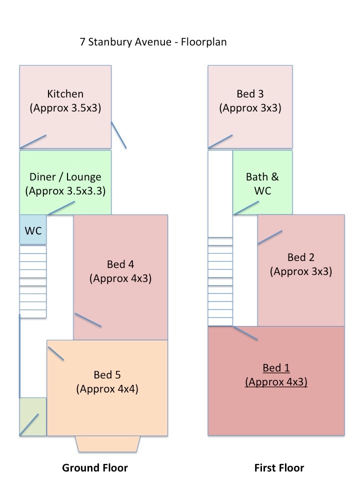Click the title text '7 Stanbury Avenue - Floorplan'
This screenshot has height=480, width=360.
(153, 42)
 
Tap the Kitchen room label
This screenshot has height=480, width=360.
(65, 94)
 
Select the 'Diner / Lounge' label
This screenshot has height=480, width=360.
(65, 176)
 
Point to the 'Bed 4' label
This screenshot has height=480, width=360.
(120, 264)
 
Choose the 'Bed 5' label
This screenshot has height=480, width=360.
(107, 374)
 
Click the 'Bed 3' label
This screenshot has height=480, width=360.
(250, 94)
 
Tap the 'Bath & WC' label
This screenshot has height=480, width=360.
(262, 183)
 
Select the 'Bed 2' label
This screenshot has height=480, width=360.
(301, 257)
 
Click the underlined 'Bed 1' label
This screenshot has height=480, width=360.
(276, 368)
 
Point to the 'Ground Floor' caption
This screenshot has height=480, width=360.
(95, 468)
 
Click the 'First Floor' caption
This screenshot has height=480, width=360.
(279, 468)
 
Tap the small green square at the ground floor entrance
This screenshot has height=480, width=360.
(33, 416)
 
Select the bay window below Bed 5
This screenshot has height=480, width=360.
(107, 444)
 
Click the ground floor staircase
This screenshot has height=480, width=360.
(33, 281)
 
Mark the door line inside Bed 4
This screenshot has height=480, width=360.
(88, 320)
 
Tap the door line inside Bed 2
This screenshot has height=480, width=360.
(270, 237)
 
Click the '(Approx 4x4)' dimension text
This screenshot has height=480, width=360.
(107, 389)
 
